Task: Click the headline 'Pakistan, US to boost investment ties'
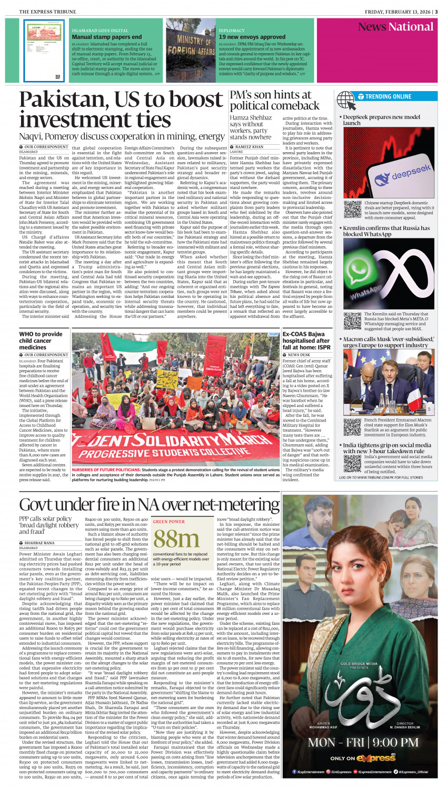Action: point(121,109)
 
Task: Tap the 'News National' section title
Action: point(395,27)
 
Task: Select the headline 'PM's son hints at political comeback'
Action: point(274,100)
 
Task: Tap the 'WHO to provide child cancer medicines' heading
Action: point(41,341)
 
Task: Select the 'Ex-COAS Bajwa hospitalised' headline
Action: point(306,341)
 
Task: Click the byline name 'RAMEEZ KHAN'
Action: point(250,147)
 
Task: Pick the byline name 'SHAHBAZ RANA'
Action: point(39,543)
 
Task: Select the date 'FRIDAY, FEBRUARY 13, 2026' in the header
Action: point(395,12)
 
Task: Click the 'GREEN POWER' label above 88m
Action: point(168,522)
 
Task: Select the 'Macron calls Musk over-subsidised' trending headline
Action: point(389,342)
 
